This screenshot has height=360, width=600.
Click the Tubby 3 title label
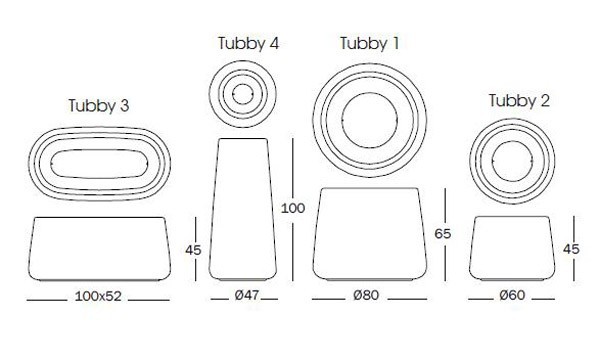coord(98,104)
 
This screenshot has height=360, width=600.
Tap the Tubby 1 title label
coord(369,43)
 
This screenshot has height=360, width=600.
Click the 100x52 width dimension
coord(98,298)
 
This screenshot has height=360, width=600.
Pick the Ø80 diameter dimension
coord(370,298)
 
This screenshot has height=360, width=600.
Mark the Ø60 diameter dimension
coord(511,298)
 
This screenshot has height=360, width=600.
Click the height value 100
coord(293,209)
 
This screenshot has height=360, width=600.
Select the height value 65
coord(444,233)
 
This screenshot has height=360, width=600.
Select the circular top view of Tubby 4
coord(243,95)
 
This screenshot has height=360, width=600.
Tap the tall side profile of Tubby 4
coord(242,210)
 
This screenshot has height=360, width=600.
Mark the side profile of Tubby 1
coord(370,233)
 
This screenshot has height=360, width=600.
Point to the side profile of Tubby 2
coord(511,249)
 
